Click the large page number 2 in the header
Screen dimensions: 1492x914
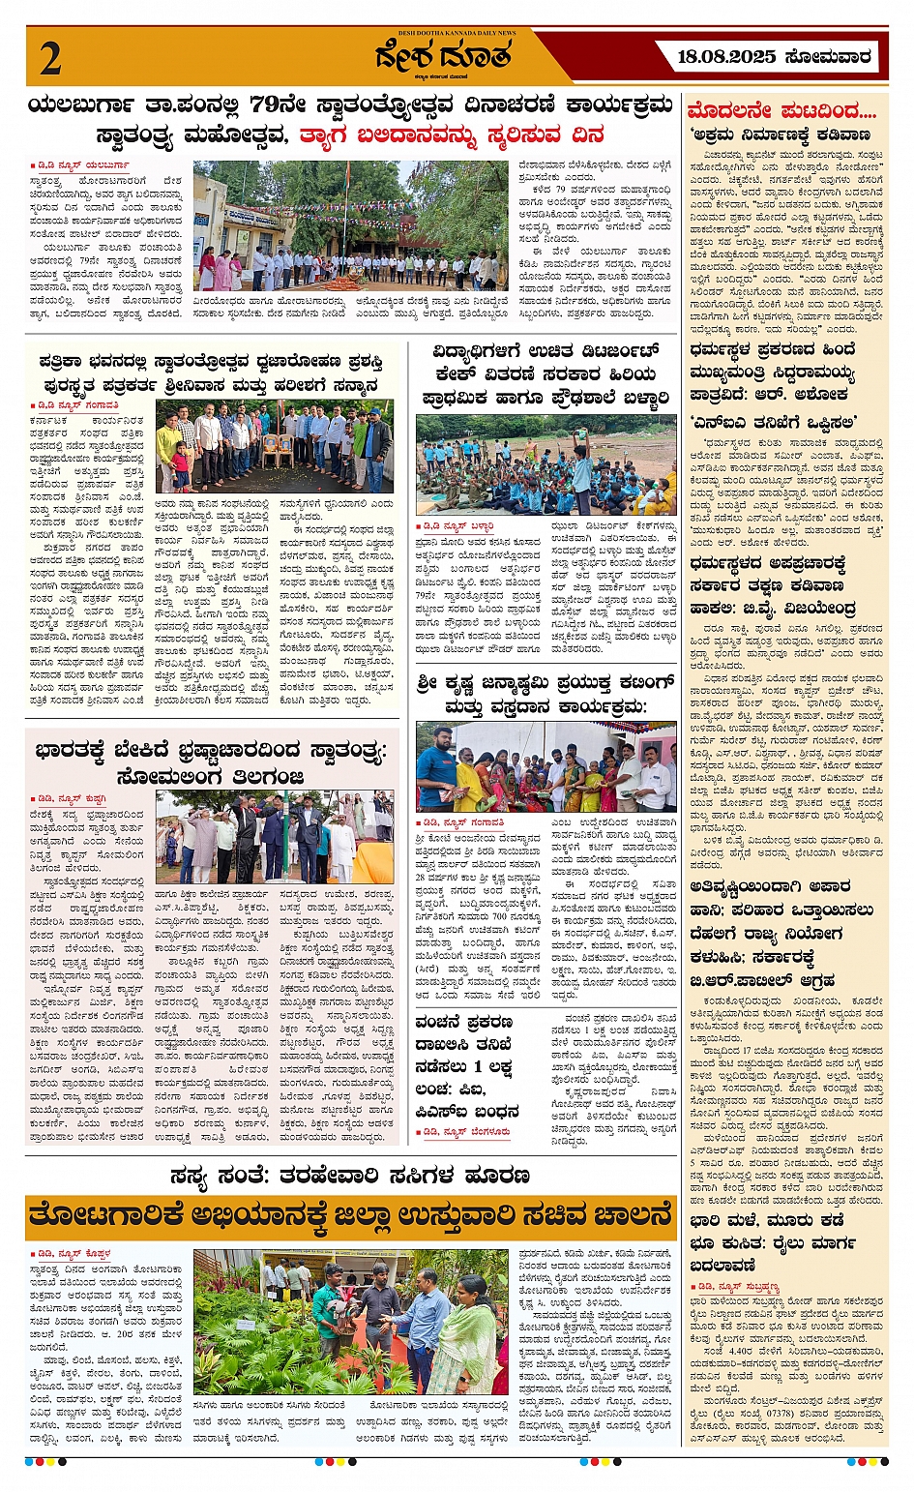coord(50,59)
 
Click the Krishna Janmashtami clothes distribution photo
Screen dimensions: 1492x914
coord(546,766)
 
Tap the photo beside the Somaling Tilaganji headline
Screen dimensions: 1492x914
coord(276,837)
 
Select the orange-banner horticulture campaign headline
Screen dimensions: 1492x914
coord(349,1214)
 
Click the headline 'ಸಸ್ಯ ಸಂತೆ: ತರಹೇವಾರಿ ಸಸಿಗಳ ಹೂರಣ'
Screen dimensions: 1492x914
coord(349,1176)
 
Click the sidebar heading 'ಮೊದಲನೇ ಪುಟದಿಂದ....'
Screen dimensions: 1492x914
coord(781,109)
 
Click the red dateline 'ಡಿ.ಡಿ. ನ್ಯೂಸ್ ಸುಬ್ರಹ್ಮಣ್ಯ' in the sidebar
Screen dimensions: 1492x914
coord(736,1287)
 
